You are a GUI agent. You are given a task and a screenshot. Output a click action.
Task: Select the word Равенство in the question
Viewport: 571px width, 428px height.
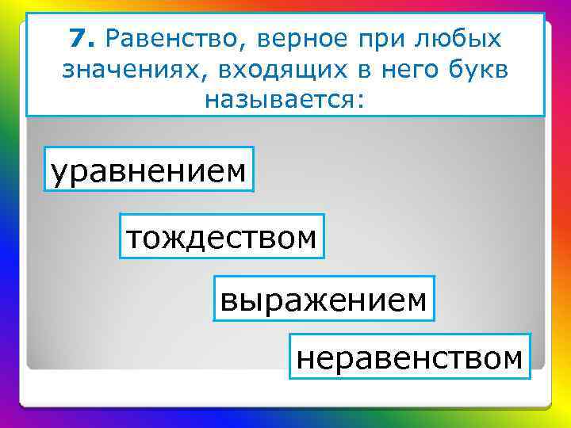[x=173, y=38]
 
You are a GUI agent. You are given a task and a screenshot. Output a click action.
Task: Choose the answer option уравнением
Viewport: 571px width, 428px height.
[x=148, y=170]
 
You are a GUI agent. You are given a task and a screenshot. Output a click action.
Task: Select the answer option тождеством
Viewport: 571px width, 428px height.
[x=222, y=236]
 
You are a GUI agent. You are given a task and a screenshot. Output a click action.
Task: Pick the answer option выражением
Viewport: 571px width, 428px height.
[x=324, y=299]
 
